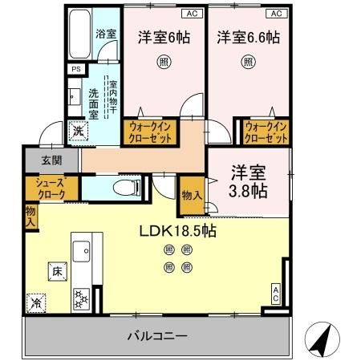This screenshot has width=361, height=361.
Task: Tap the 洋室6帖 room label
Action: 163,37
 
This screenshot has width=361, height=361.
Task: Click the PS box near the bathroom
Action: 75,70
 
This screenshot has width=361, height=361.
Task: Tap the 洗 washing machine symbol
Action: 79,131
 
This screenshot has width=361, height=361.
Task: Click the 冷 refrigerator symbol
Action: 37,303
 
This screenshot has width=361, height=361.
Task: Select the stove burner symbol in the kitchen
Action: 81,300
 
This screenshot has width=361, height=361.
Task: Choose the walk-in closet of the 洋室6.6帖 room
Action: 266,132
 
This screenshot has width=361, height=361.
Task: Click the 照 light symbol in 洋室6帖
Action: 163,61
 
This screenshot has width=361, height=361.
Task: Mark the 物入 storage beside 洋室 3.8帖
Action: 191,195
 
